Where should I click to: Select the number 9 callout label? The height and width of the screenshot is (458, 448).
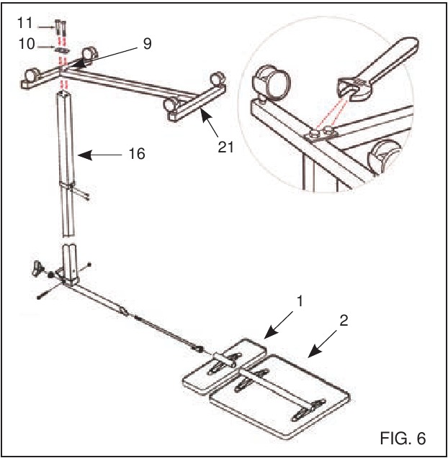(147, 44)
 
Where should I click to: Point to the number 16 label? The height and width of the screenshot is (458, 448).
(137, 153)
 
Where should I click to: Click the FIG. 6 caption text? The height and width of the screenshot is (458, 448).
(403, 437)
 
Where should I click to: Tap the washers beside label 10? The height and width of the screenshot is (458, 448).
(63, 50)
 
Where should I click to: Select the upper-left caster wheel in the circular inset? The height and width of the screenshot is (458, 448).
(272, 78)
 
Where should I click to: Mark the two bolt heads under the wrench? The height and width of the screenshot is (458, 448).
(322, 132)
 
